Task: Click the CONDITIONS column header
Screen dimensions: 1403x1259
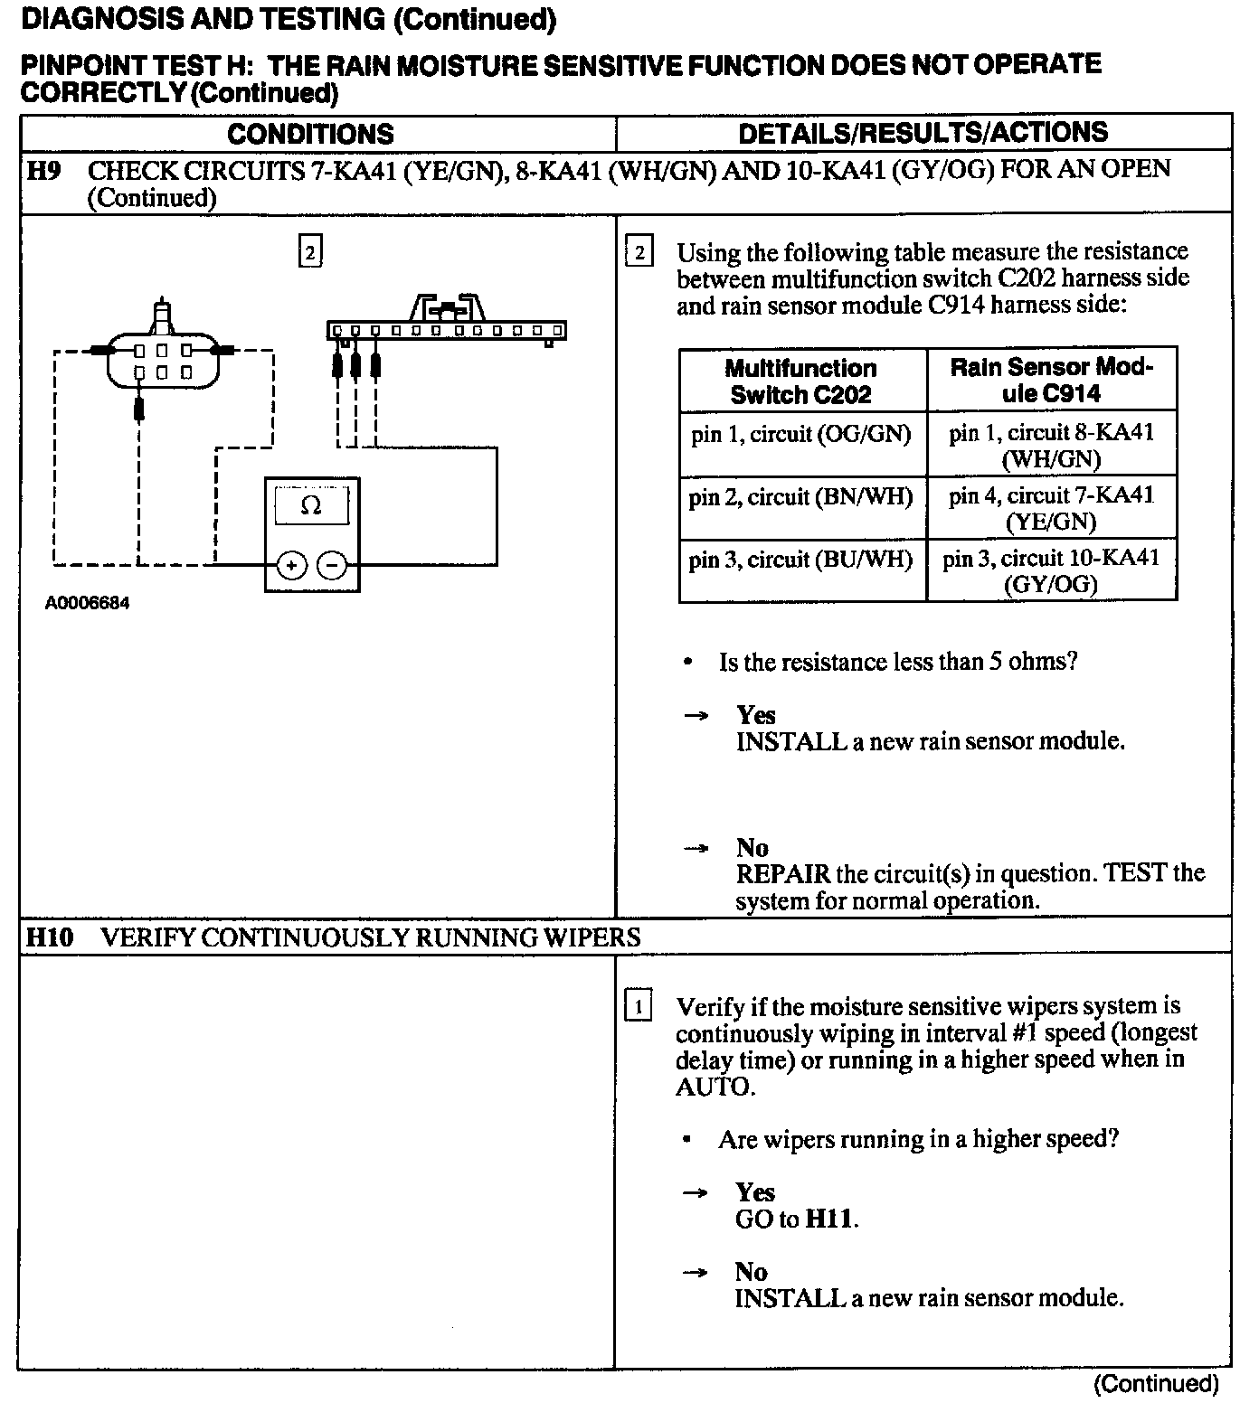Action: (310, 135)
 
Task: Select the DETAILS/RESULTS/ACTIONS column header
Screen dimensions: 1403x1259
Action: (923, 133)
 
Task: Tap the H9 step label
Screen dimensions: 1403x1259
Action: (43, 170)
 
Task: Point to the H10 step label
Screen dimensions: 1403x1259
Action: (49, 937)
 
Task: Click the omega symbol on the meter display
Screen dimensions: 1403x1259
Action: (310, 506)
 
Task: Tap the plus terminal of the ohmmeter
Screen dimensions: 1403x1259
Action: (290, 567)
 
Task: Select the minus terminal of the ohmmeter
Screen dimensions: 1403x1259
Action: (333, 567)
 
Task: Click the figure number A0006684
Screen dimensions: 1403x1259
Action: (87, 603)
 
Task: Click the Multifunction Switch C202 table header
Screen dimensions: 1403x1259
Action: (801, 381)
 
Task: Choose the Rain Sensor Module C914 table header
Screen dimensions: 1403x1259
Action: (1051, 380)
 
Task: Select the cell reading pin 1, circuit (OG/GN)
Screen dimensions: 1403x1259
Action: (801, 435)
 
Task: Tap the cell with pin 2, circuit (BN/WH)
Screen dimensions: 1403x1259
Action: (801, 497)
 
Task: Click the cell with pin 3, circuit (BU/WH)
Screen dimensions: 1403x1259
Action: (801, 560)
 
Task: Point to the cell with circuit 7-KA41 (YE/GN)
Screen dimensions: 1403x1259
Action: (1051, 508)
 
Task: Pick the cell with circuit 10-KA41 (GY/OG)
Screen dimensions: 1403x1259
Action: (1051, 570)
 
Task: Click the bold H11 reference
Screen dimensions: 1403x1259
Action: (829, 1219)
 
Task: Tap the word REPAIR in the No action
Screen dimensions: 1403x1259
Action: (782, 874)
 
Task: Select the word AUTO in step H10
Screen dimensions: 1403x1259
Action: (714, 1086)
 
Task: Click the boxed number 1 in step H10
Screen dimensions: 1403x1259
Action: (638, 1006)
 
